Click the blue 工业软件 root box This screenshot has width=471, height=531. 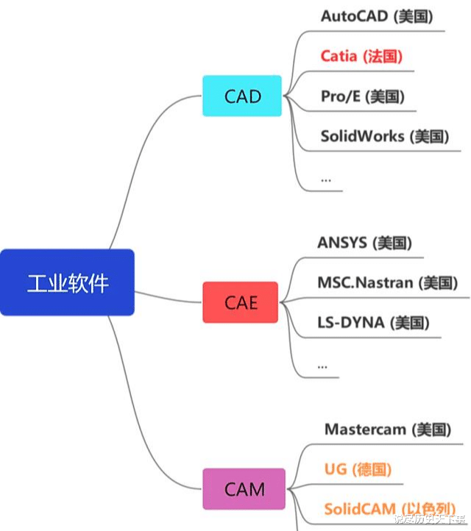pos(67,282)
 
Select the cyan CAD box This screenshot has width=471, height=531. pos(242,96)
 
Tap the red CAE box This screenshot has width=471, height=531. pos(240,302)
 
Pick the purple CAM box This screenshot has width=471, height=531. pos(244,489)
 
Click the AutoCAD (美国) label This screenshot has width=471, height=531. pos(377,16)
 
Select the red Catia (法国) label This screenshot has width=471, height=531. pos(361,56)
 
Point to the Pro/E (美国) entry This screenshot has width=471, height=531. pos(362,96)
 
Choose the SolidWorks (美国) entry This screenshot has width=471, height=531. pos(384,136)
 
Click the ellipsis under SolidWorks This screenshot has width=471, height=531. pos(326,178)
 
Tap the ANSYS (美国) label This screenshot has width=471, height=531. pos(364,243)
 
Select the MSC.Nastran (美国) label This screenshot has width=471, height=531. pos(387,282)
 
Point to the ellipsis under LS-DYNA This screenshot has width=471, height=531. pos(322,364)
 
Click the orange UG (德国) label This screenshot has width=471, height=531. pos(357,469)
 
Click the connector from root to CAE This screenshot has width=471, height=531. pos(169,296)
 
